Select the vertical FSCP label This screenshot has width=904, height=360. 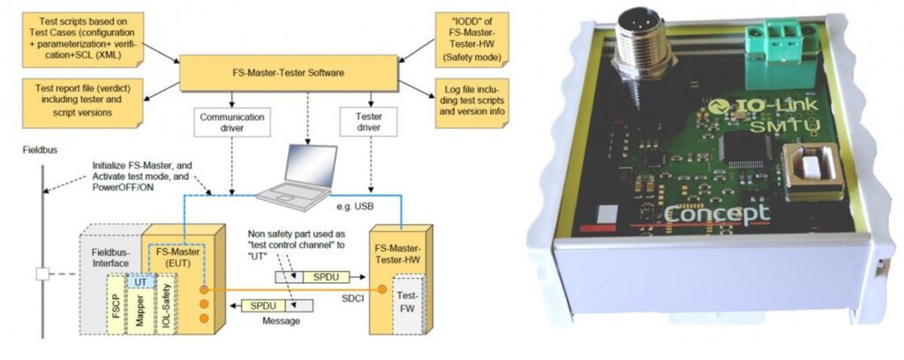(117, 307)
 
